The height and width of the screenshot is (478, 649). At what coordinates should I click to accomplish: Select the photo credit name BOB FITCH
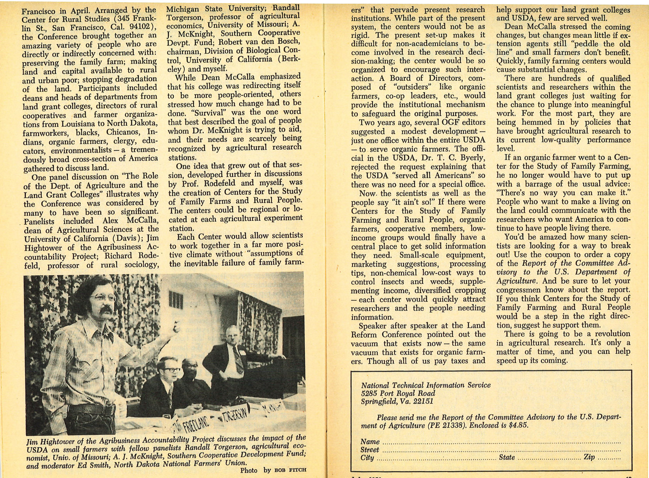click(x=290, y=470)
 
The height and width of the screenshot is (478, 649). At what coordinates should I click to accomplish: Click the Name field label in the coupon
click(x=370, y=442)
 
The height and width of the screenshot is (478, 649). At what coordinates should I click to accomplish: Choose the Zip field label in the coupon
click(x=589, y=457)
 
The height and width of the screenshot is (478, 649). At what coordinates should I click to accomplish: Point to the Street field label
click(x=370, y=449)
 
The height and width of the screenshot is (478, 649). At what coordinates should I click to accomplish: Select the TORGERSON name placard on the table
click(x=235, y=415)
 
